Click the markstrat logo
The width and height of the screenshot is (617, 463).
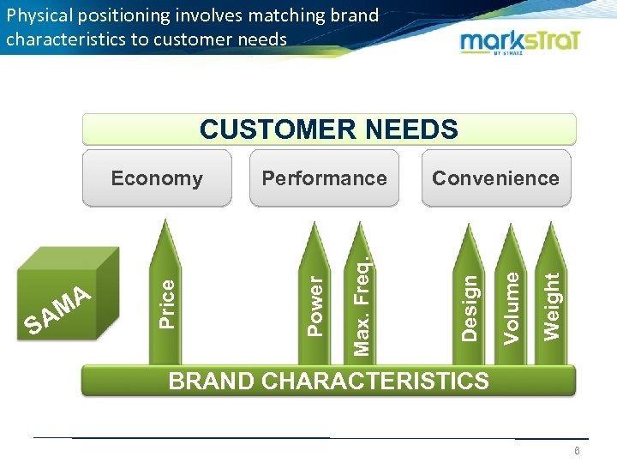pos(521,42)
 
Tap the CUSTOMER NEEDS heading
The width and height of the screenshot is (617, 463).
pos(329,129)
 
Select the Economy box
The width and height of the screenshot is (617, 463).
pos(157,178)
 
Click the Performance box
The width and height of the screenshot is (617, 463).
pos(324,178)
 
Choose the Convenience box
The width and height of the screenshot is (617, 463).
pos(495,178)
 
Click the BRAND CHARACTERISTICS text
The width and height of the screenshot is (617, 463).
pos(329,380)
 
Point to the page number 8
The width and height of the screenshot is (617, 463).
pos(578,452)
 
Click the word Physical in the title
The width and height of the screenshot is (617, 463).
pos(39,15)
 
